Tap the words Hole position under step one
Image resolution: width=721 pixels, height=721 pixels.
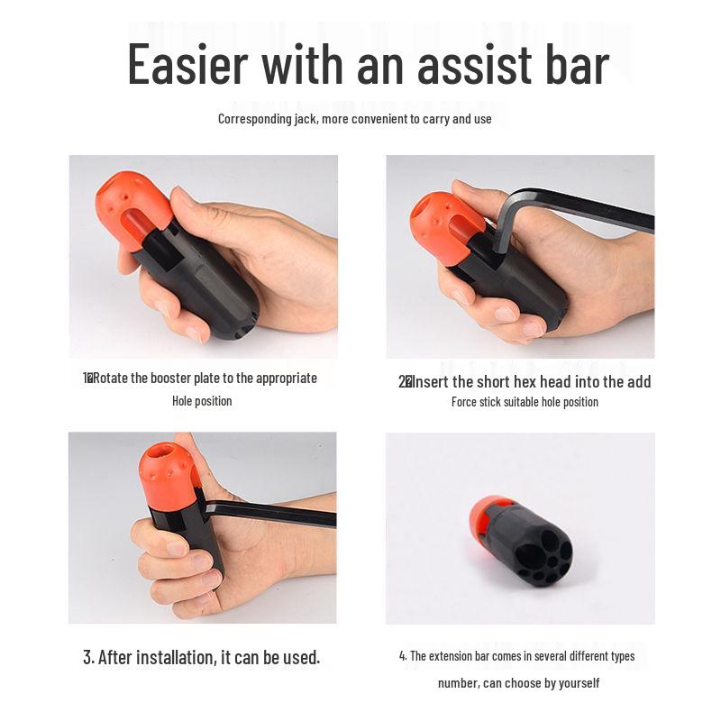(202, 401)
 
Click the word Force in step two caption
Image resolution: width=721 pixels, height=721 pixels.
(467, 402)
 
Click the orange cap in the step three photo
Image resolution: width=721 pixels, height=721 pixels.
(168, 472)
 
